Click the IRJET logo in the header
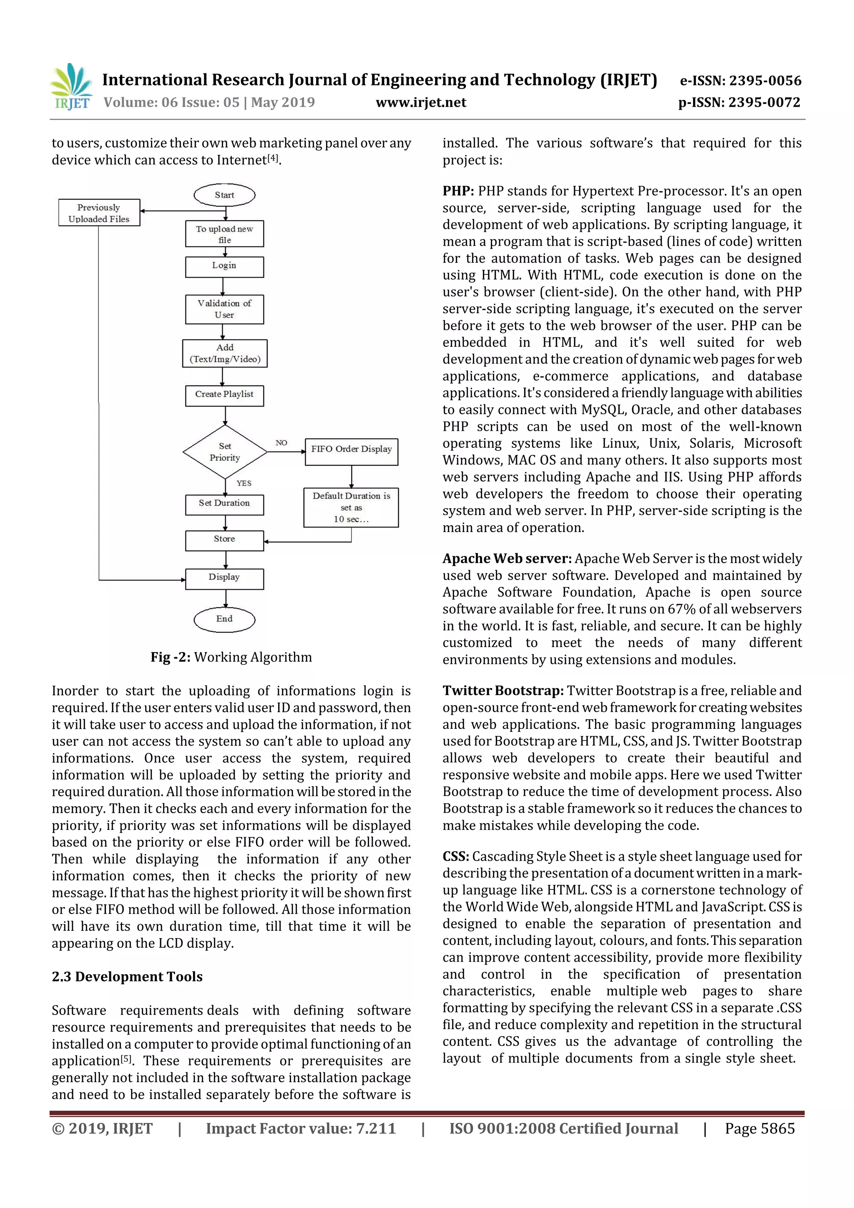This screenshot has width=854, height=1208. click(71, 86)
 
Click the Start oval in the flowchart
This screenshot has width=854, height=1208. click(224, 195)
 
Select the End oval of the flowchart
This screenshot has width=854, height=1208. click(224, 619)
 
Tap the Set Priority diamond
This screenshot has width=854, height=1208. click(225, 452)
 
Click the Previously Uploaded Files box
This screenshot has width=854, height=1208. click(99, 213)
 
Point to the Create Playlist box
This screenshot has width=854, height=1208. click(224, 394)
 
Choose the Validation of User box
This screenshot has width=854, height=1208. click(224, 309)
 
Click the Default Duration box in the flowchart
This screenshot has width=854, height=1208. click(351, 507)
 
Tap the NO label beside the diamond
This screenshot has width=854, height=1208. click(281, 442)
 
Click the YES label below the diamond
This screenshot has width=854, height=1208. click(244, 483)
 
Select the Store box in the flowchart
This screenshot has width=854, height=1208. click(224, 539)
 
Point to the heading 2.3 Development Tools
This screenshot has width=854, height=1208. click(127, 977)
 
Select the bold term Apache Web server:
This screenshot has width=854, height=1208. click(507, 558)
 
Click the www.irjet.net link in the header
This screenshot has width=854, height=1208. click(420, 102)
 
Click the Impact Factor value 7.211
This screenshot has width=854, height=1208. click(376, 1128)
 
